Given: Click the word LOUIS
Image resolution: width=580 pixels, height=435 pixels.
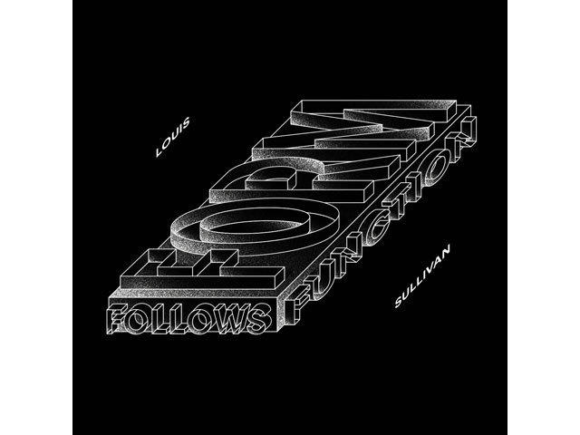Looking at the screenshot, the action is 173,137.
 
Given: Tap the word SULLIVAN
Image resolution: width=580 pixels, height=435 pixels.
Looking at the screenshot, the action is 422,276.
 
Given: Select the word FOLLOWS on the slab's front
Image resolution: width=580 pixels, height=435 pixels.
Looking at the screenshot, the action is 188,317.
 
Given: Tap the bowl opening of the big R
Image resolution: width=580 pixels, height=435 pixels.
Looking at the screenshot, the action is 273,180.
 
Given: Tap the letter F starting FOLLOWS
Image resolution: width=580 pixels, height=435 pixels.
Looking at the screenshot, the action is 118,319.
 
